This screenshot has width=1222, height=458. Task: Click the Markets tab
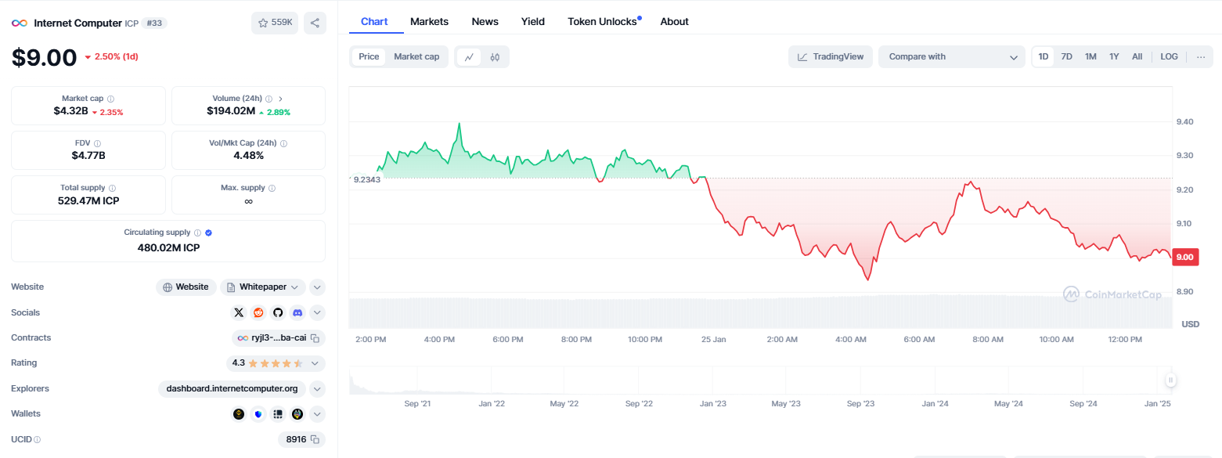(x=429, y=22)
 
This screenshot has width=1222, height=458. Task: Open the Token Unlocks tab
(x=602, y=22)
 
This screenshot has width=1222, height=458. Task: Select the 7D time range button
(x=1066, y=57)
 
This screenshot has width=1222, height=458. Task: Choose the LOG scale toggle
(x=1169, y=57)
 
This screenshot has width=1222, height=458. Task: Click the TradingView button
(x=831, y=57)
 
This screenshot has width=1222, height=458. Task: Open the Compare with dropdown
(x=952, y=57)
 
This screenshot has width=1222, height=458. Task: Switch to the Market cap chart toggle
(x=416, y=57)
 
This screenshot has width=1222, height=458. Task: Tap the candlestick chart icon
(x=495, y=57)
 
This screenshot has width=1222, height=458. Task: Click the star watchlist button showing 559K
(x=275, y=23)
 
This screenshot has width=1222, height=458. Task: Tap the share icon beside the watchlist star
(x=315, y=23)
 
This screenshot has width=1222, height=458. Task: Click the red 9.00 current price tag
(x=1185, y=257)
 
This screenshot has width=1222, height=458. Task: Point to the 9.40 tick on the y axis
(x=1185, y=121)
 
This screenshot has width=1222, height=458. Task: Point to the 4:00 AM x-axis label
(x=850, y=340)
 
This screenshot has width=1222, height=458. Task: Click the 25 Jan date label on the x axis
(x=714, y=340)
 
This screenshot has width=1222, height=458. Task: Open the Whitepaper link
(x=262, y=287)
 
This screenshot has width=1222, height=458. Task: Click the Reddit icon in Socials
(x=258, y=313)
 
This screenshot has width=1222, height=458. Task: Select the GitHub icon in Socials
(x=278, y=313)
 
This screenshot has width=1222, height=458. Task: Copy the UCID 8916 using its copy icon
(x=315, y=439)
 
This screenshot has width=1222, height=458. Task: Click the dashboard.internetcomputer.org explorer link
(x=232, y=388)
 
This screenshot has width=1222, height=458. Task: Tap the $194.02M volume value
(x=231, y=111)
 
